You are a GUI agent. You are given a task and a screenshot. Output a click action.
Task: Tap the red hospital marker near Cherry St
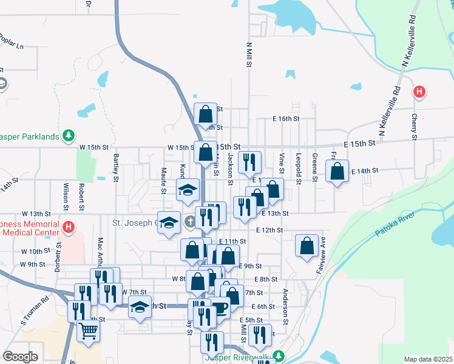coord(418,92)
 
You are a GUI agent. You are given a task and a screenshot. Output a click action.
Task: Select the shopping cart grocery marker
coord(89,331)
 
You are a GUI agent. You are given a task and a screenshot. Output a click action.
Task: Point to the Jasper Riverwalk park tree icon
coord(278,356)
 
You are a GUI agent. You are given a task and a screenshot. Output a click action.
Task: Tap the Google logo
coord(20,357)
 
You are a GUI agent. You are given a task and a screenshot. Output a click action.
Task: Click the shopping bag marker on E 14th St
coord(337,171)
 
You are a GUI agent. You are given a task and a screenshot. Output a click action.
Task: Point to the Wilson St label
coord(66,193)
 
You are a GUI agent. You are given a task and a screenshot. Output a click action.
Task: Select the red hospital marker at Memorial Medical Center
coord(69,228)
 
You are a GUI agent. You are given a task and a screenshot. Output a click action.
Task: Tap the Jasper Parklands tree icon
coord(70,135)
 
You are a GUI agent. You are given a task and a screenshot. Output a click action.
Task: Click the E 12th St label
coord(269,231)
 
